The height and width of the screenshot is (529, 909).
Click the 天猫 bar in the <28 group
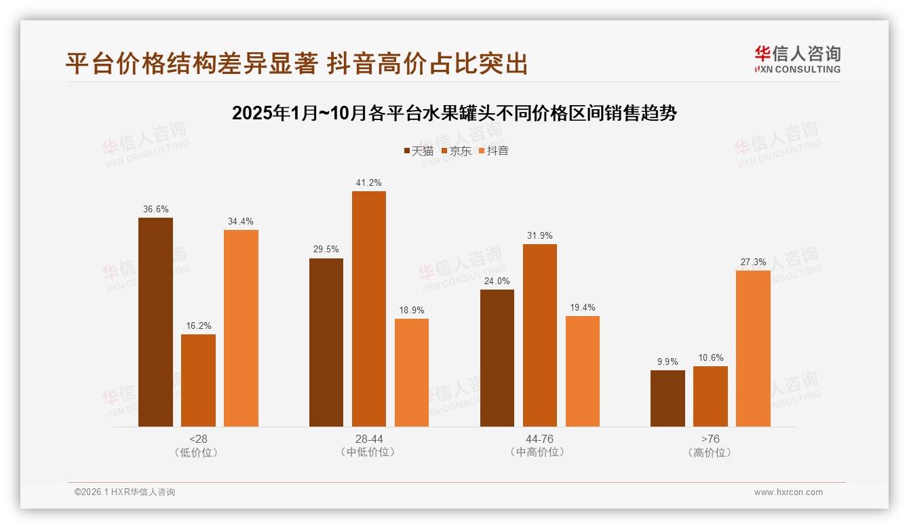pyautogui.click(x=155, y=322)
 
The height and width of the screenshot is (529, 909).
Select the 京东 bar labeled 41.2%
pyautogui.click(x=368, y=309)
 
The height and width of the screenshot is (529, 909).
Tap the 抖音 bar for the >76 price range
pyautogui.click(x=753, y=349)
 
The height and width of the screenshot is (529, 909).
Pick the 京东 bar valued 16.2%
pyautogui.click(x=198, y=380)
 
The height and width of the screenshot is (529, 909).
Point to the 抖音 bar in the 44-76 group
pyautogui.click(x=582, y=371)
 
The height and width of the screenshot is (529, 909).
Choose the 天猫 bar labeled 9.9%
pyautogui.click(x=668, y=398)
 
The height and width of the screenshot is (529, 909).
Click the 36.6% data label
pyautogui.click(x=155, y=210)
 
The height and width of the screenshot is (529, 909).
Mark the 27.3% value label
pyautogui.click(x=753, y=262)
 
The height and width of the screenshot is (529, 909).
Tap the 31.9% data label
pyautogui.click(x=539, y=236)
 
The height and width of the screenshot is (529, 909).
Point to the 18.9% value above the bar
pyautogui.click(x=412, y=311)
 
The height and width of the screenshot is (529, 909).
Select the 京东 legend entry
pyautogui.click(x=456, y=151)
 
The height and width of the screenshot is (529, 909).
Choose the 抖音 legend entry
pyautogui.click(x=493, y=151)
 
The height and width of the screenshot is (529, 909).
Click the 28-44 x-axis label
pyautogui.click(x=368, y=439)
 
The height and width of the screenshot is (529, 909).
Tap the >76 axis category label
pyautogui.click(x=710, y=439)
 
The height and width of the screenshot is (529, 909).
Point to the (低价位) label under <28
pyautogui.click(x=198, y=452)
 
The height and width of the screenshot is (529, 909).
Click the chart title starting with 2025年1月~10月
pyautogui.click(x=454, y=113)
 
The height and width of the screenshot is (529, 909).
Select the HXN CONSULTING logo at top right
pyautogui.click(x=797, y=60)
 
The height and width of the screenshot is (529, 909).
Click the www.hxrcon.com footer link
pyautogui.click(x=788, y=492)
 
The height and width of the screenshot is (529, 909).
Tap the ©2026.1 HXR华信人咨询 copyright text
pyautogui.click(x=125, y=492)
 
